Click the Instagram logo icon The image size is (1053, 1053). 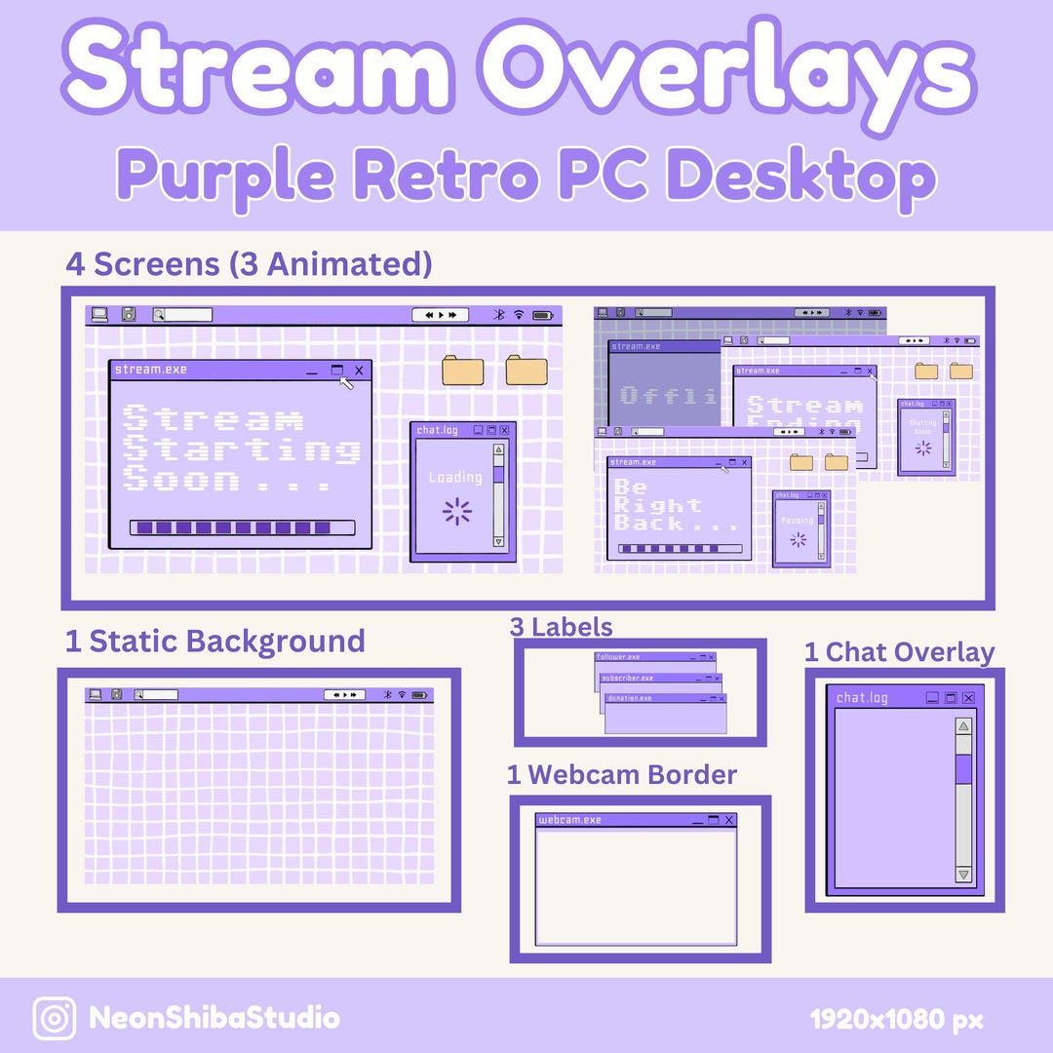(55, 1019)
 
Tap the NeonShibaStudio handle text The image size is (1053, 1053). (214, 1019)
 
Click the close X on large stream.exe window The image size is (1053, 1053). (359, 370)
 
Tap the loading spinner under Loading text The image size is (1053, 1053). (456, 511)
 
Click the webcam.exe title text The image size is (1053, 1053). (570, 820)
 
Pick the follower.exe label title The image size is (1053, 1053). (619, 657)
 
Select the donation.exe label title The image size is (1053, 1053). (629, 698)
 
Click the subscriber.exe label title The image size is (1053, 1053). (628, 678)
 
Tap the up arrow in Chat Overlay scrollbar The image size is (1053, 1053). (963, 726)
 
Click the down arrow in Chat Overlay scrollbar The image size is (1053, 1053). (963, 875)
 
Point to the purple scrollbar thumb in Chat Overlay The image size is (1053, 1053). (963, 768)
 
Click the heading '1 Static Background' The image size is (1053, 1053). (214, 642)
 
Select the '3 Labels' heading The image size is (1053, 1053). (561, 627)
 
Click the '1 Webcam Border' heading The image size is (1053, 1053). (621, 775)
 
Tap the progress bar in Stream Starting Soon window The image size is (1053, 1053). (242, 527)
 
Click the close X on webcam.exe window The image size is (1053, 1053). (728, 820)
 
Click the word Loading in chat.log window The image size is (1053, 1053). (455, 478)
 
